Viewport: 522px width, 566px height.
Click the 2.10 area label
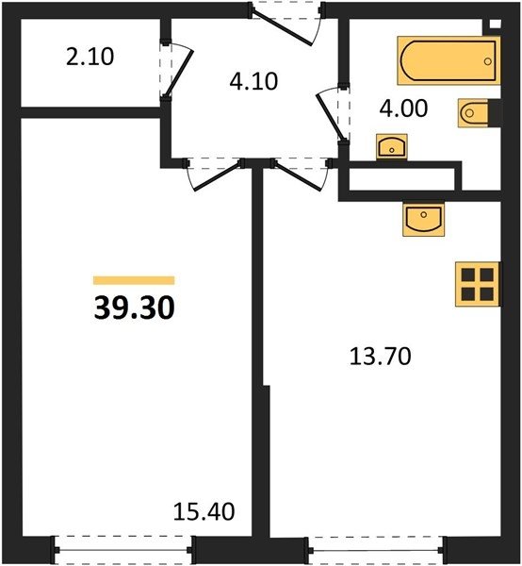point(90,57)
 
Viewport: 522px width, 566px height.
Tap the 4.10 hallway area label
point(253,81)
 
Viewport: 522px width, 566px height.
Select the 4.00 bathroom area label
point(403,108)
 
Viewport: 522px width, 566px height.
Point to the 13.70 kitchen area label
point(381,357)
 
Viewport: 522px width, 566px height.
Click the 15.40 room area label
point(204,511)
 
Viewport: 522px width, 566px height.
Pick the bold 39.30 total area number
point(134,308)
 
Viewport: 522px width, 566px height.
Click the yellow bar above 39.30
point(134,280)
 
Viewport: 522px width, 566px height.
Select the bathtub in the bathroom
point(449,60)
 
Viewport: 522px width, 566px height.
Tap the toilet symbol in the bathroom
point(473,113)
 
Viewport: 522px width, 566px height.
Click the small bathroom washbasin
point(392,146)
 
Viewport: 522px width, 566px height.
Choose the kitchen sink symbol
point(424,219)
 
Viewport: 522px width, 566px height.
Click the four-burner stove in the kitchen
point(478,285)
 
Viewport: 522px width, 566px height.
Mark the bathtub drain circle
point(488,61)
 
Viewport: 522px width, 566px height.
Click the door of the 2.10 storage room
point(175,70)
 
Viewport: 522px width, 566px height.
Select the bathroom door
point(332,114)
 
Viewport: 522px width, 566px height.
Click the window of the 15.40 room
point(122,550)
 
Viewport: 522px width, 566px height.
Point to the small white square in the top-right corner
point(496,24)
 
